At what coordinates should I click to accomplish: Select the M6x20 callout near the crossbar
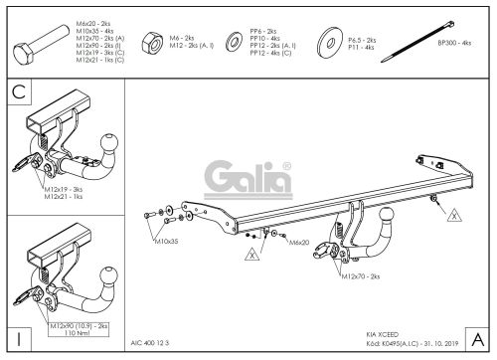[x=299, y=242]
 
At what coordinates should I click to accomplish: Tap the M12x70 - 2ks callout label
[x=360, y=276]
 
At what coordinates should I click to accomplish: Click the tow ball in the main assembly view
[x=385, y=217]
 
